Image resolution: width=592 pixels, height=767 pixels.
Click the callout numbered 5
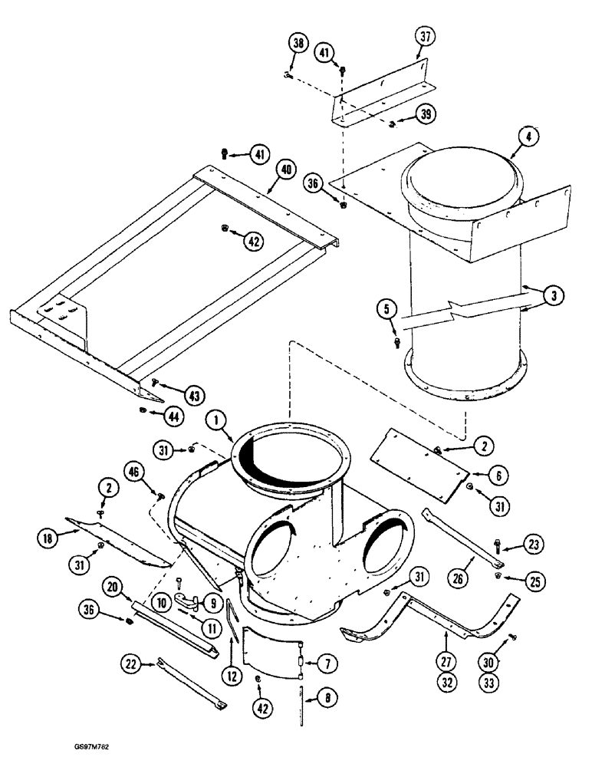coord(387,310)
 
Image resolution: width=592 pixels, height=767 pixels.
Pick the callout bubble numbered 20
coord(113,588)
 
